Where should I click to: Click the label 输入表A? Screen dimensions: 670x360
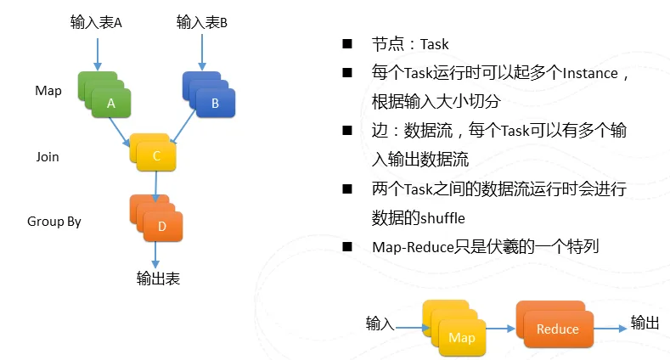coord(96,22)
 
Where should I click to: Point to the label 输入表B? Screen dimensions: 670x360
coord(202,22)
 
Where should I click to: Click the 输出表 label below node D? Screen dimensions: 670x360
coord(158,278)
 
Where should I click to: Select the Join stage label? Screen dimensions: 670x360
coord(48,157)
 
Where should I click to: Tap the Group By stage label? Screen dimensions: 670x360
coord(54,222)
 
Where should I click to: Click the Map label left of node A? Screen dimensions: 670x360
coord(48,91)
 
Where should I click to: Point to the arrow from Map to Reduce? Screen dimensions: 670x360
coord(500,329)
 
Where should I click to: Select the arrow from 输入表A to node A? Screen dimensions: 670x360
coord(98,54)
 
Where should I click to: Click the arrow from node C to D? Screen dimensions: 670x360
coord(156,187)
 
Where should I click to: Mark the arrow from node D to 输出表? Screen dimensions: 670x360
coord(155,255)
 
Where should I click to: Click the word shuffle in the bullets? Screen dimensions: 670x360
coord(442,218)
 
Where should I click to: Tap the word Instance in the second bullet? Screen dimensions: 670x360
coord(590,74)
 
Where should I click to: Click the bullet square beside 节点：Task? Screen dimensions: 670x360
coord(347,43)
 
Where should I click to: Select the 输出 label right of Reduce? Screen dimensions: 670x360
coord(645,323)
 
